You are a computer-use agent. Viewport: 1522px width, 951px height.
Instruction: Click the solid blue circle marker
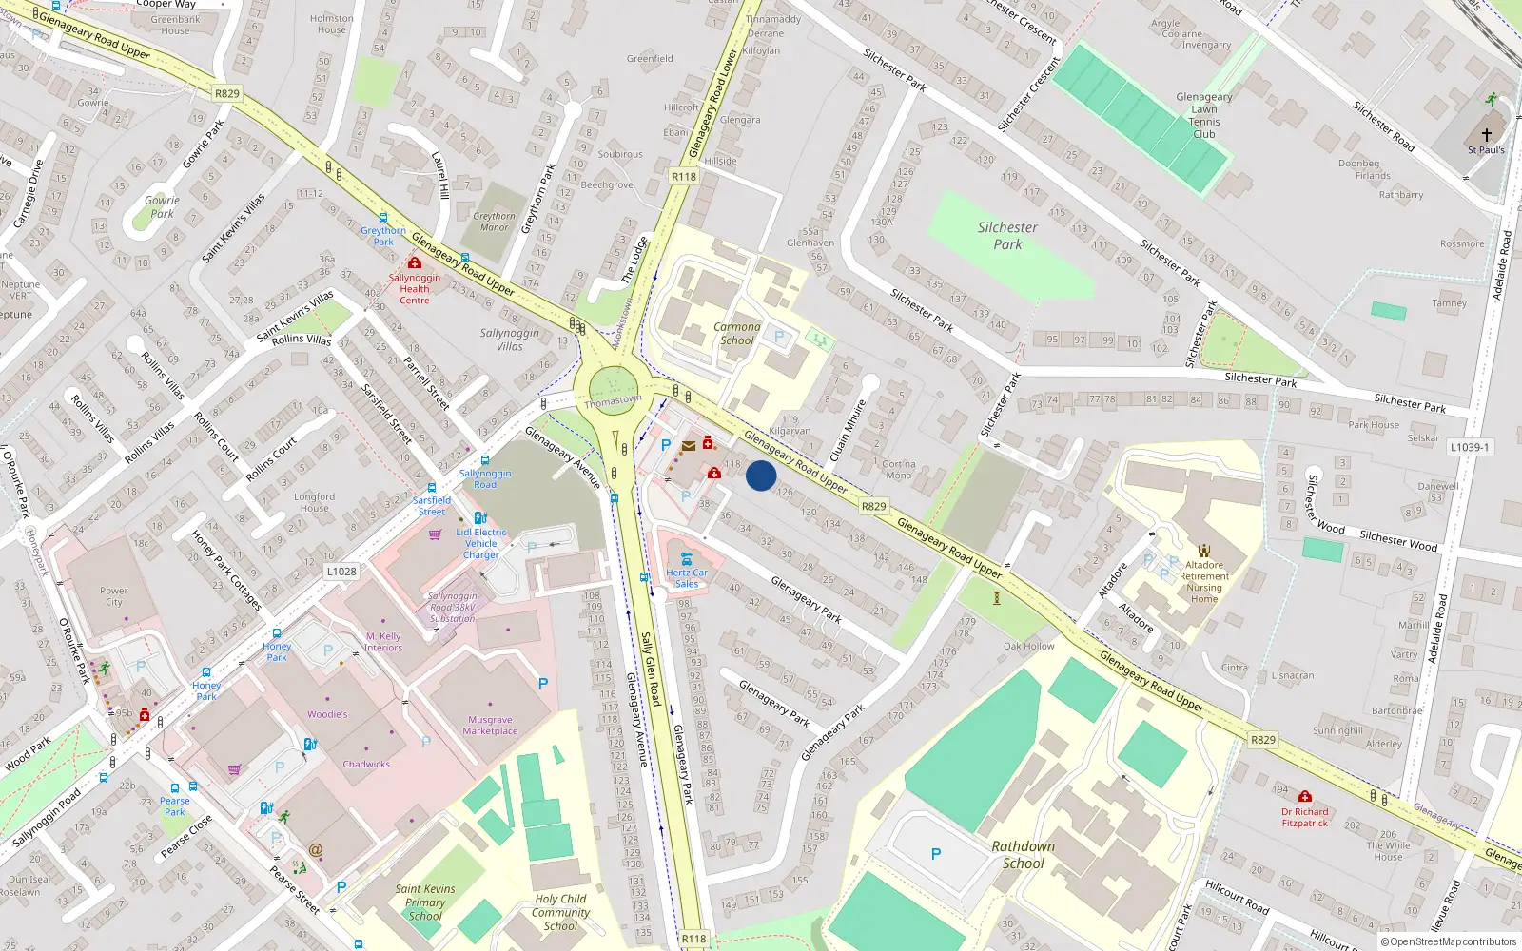tap(761, 475)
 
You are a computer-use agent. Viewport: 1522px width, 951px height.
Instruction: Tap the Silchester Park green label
tap(1007, 236)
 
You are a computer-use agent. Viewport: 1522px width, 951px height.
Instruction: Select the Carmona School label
tap(737, 333)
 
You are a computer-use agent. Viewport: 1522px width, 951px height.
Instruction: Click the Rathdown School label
tap(1023, 855)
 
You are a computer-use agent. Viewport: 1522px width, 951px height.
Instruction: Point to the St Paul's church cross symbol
tap(1486, 135)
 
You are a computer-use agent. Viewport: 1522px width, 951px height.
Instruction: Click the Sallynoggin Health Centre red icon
tap(414, 262)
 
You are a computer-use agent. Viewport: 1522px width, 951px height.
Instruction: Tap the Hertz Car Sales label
tap(687, 578)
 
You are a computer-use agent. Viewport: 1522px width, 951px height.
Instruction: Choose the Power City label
tap(113, 596)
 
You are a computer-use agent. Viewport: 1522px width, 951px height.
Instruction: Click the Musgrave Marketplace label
tap(490, 726)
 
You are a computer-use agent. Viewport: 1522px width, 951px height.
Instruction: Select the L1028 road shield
tap(341, 572)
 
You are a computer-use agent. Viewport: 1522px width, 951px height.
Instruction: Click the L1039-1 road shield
tap(1470, 447)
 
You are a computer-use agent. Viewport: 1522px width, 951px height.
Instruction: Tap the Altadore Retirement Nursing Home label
tap(1204, 581)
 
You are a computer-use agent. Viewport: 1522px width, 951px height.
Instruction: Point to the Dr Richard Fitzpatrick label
tap(1304, 818)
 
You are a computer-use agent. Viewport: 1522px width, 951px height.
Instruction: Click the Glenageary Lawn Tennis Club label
tap(1204, 115)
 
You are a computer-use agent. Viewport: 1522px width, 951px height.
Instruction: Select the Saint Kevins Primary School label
tap(425, 902)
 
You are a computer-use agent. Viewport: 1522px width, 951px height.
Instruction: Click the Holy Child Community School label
tap(560, 912)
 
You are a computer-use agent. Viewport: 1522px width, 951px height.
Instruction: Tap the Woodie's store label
tap(327, 714)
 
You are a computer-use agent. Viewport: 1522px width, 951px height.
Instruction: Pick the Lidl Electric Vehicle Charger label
tap(481, 544)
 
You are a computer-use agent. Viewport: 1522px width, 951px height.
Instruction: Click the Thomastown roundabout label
tap(613, 401)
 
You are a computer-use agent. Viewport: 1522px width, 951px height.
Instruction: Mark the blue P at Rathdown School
tap(936, 854)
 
